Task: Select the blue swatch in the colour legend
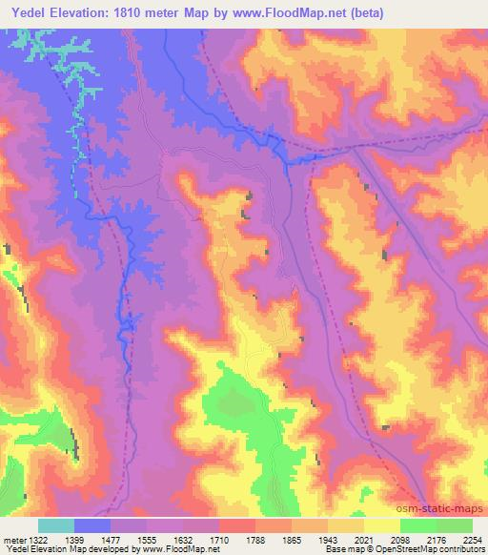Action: click(x=92, y=525)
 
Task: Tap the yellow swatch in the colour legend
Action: click(x=381, y=525)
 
